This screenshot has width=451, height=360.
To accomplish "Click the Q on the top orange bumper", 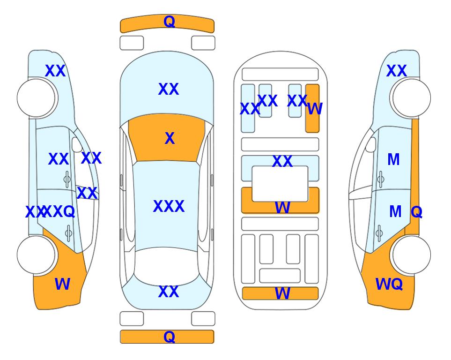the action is (x=169, y=22).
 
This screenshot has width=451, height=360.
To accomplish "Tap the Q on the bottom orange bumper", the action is (x=169, y=337).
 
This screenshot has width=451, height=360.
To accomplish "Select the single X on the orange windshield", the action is (x=170, y=138).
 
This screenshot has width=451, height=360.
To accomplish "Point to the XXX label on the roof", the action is (x=169, y=206).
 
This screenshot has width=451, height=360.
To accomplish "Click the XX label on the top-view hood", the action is (x=169, y=89).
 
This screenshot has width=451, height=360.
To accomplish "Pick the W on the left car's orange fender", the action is (x=62, y=284).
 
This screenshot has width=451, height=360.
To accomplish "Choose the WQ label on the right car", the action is (x=389, y=284).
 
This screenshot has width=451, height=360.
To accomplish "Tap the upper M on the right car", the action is (x=393, y=159).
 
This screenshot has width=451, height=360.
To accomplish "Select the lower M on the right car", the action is (x=395, y=212).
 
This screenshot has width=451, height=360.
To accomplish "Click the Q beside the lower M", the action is (x=416, y=212).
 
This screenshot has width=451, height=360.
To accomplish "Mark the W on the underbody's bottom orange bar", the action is (x=282, y=293).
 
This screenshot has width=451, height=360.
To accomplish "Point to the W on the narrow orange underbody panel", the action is (x=315, y=109).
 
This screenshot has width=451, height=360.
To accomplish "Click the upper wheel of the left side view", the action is (x=36, y=98).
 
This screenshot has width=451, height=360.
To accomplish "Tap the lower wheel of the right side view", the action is (x=412, y=255).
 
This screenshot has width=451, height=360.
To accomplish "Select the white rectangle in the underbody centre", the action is (x=280, y=184).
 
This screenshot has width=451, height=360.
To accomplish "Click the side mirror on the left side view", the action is (x=77, y=144).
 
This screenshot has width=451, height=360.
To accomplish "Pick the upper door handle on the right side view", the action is (x=381, y=179).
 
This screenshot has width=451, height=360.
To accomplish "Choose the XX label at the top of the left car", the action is (x=55, y=71).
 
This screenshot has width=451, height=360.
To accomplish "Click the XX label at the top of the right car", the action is (x=396, y=71).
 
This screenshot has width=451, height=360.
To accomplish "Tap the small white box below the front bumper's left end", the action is (x=132, y=43).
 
